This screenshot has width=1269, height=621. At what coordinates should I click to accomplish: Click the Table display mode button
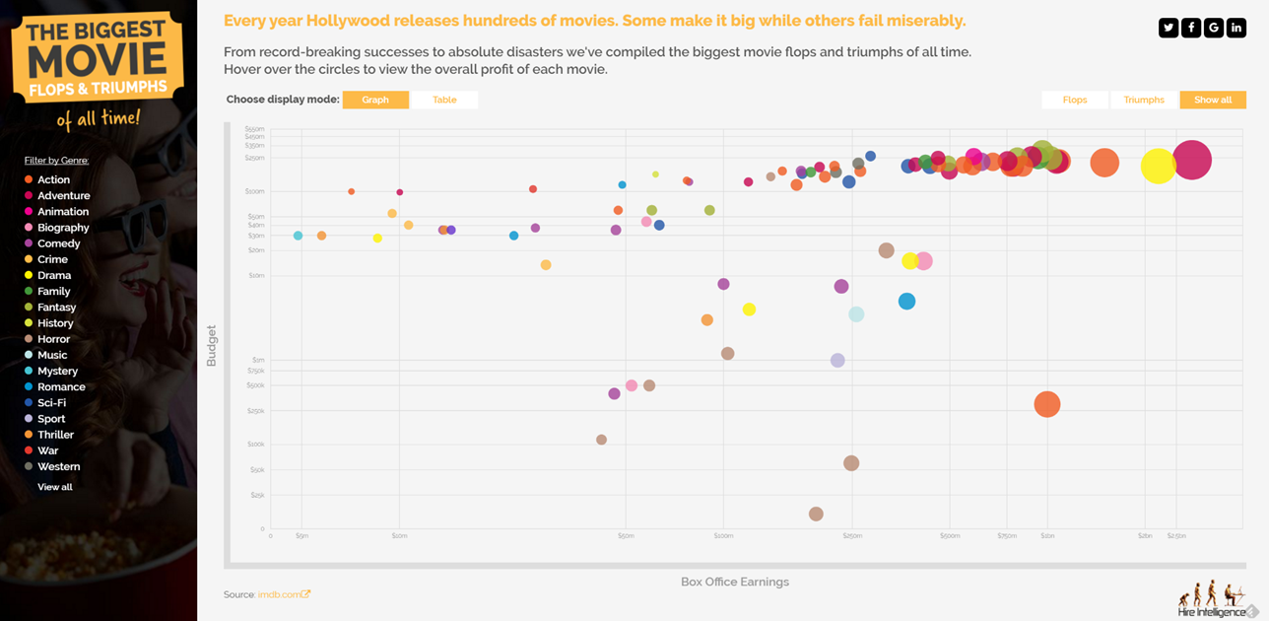point(444,100)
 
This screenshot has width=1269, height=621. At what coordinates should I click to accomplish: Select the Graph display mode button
point(375,100)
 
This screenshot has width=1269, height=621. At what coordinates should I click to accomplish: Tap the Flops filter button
point(1075,100)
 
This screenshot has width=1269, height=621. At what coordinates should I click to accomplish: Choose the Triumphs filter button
point(1144,100)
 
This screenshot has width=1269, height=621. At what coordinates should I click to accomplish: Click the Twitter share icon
point(1169,28)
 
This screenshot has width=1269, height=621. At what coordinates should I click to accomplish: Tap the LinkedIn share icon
point(1236,28)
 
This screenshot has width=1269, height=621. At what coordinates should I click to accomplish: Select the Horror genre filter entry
point(53,339)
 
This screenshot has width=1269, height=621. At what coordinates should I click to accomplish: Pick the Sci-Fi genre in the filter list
point(52,403)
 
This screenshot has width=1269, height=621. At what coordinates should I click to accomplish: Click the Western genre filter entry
point(58,466)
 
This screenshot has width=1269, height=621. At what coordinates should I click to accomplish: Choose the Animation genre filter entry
point(62,212)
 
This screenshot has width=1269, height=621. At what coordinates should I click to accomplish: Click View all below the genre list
point(55,487)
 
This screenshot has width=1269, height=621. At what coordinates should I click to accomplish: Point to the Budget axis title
point(211,346)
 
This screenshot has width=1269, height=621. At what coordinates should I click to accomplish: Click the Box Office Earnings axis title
point(735,582)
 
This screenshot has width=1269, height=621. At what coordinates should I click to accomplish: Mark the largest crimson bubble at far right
point(1191,160)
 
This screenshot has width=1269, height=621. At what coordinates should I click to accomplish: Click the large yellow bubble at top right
point(1159,166)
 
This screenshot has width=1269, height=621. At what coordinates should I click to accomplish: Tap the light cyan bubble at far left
point(299,236)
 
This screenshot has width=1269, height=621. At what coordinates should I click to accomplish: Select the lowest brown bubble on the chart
point(816,514)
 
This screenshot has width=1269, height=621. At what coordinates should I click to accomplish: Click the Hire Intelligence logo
point(1212,600)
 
